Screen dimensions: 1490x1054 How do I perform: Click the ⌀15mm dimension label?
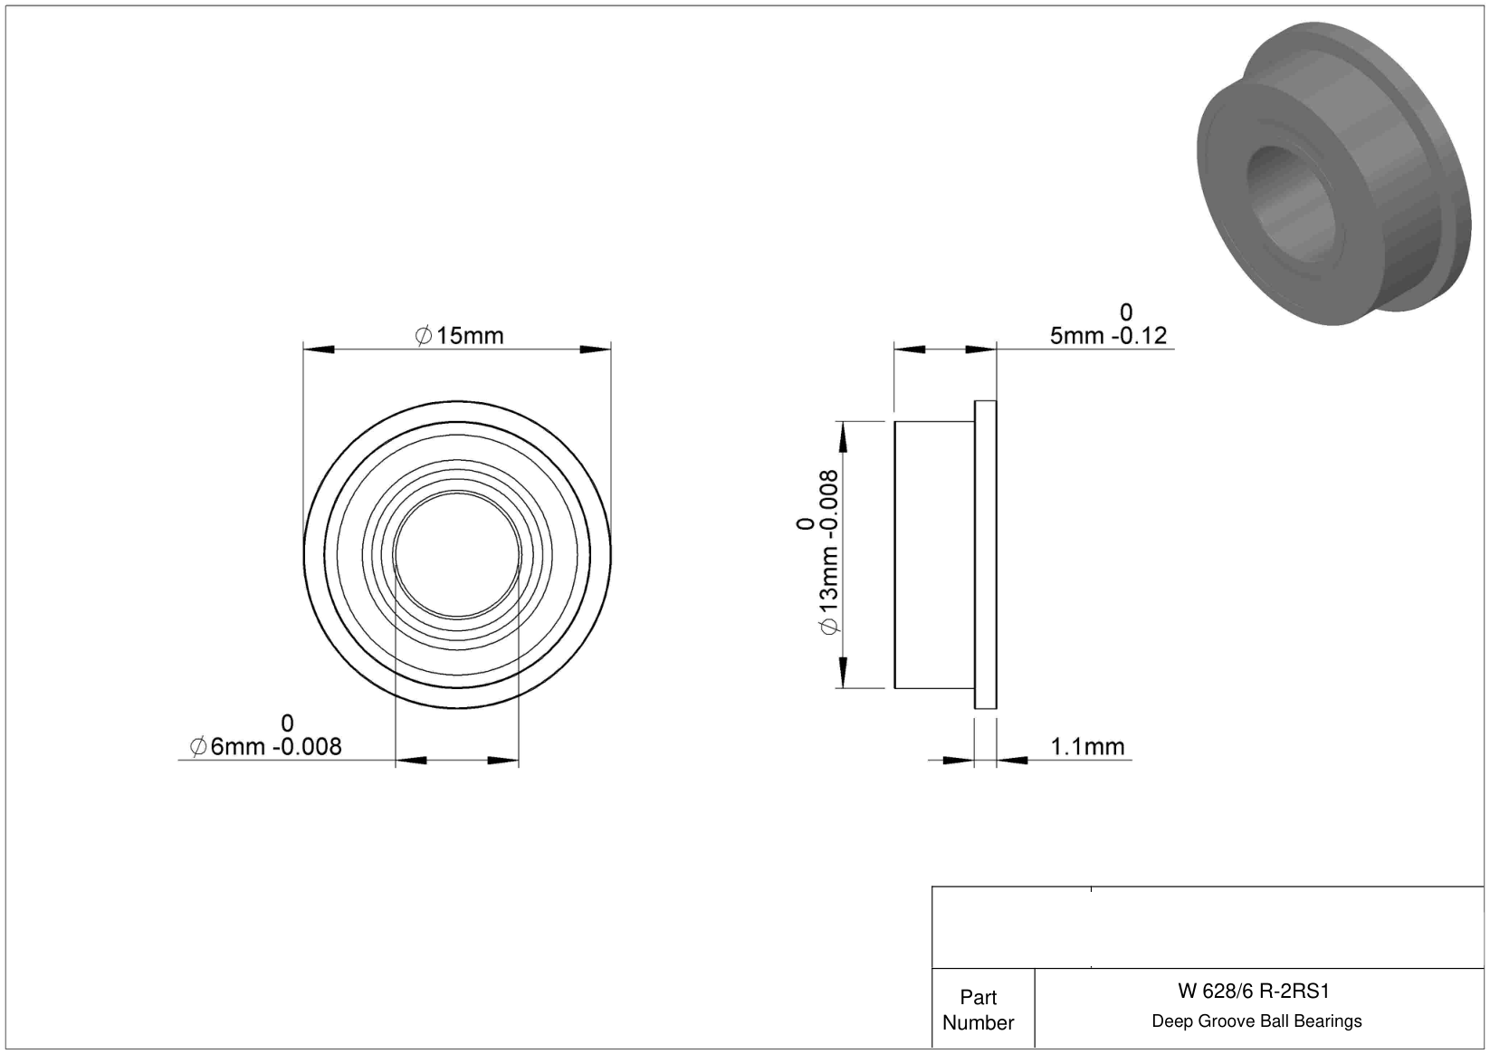pos(459,335)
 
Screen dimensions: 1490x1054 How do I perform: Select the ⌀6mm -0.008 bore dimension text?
pos(265,746)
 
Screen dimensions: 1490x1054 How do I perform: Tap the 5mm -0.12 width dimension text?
pos(1108,335)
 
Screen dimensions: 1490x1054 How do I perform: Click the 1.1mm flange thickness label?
pos(1087,746)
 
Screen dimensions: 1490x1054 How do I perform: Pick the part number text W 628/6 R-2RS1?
pos(1254,992)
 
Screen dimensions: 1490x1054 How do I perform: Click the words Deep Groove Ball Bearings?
pos(1256,1021)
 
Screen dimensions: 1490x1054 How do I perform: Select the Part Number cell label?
pos(979,1011)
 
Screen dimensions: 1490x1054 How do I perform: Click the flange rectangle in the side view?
pos(985,555)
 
